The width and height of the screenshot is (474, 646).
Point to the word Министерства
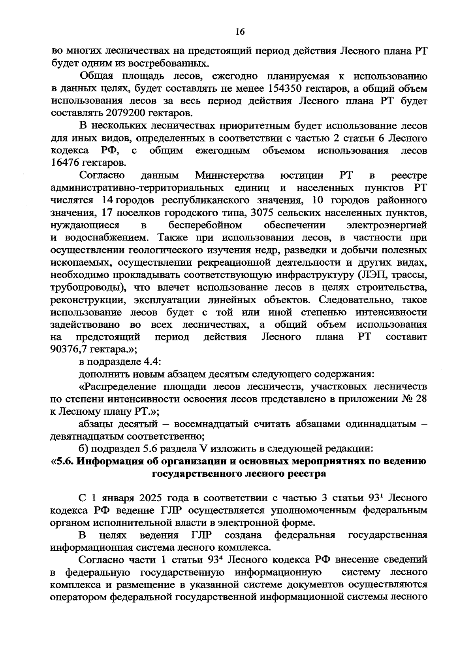[x=229, y=175]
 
